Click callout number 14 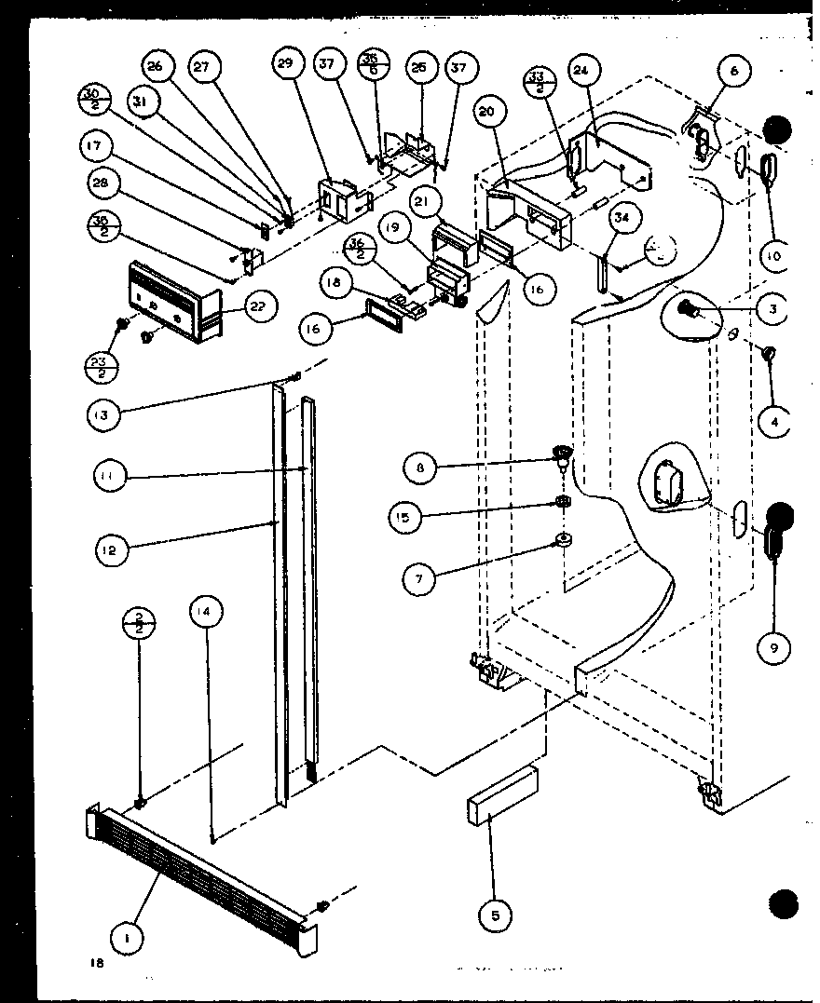tap(206, 613)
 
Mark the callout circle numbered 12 tap(110, 549)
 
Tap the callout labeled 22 tap(261, 308)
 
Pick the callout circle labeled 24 tap(584, 71)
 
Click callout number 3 tap(773, 309)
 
